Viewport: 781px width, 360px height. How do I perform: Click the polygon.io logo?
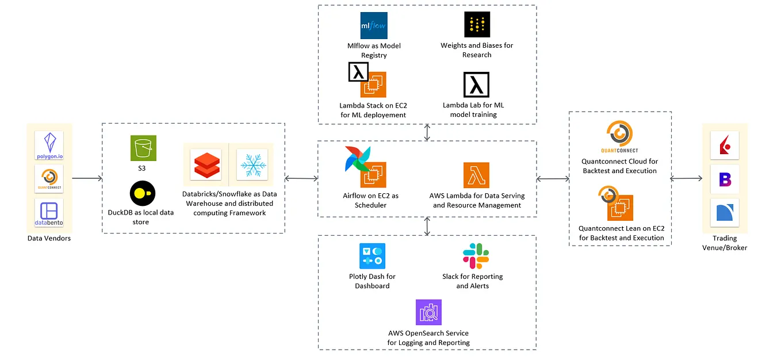click(49, 145)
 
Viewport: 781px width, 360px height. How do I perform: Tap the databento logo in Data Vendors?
click(49, 213)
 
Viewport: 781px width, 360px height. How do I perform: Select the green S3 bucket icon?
click(143, 148)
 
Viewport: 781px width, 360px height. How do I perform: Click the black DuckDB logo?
click(143, 193)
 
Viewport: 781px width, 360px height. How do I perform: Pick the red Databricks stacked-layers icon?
click(206, 165)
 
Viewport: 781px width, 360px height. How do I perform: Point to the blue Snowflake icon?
click(252, 165)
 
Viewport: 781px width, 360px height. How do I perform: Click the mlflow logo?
click(374, 25)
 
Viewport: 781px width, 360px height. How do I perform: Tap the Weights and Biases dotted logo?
click(477, 24)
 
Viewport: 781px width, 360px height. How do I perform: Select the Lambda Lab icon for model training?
click(476, 85)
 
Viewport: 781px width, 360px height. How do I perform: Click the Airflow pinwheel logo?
click(357, 159)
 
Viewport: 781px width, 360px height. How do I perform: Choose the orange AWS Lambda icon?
click(476, 175)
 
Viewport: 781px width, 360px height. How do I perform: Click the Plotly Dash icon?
click(372, 256)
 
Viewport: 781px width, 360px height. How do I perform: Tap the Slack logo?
click(476, 256)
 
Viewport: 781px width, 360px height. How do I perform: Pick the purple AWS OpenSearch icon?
click(428, 312)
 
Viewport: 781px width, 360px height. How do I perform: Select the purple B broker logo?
click(725, 179)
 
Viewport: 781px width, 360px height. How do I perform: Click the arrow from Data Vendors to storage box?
click(87, 178)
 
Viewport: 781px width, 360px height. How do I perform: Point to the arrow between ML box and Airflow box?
click(427, 132)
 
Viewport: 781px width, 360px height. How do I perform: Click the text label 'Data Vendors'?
click(49, 239)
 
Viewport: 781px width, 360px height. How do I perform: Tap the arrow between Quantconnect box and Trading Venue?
click(686, 178)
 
